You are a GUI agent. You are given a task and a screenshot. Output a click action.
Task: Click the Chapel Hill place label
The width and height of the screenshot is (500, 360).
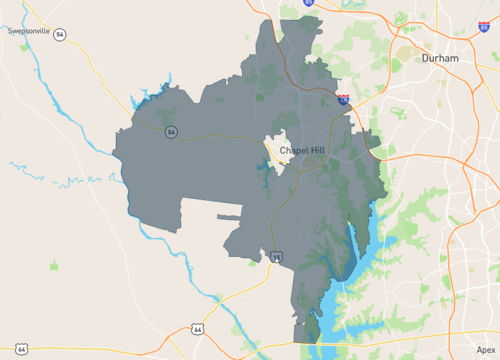pyautogui.click(x=302, y=150)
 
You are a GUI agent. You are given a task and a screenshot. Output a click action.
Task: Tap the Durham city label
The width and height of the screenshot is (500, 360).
pyautogui.click(x=439, y=58)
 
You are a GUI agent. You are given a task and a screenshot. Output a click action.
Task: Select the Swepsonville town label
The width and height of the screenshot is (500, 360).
pyautogui.click(x=29, y=31)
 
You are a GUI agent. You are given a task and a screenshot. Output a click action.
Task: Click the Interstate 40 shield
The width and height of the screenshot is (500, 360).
pyautogui.click(x=343, y=100)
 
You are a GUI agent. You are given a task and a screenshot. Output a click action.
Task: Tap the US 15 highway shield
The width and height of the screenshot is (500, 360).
pyautogui.click(x=277, y=257)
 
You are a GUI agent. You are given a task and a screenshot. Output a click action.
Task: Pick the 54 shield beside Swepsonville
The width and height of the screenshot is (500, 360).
pyautogui.click(x=61, y=34)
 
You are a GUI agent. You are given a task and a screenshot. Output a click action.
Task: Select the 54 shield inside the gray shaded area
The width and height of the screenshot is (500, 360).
pyautogui.click(x=172, y=132)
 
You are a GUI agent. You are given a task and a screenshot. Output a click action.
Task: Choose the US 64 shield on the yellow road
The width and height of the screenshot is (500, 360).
pyautogui.click(x=22, y=348)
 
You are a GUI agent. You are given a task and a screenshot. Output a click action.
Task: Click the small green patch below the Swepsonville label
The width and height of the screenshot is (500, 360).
pyautogui.click(x=53, y=265)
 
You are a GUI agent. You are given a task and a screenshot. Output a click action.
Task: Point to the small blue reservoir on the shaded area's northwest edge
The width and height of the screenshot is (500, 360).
pyautogui.click(x=150, y=96)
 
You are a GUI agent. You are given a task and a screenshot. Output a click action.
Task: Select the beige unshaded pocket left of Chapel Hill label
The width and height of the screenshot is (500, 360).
pyautogui.click(x=274, y=150)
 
